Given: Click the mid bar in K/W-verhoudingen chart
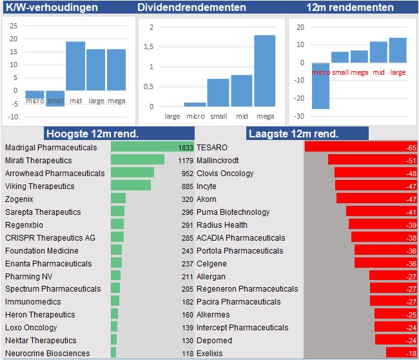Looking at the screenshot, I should (x=75, y=66).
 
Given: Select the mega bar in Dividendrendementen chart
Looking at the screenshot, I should (x=264, y=71).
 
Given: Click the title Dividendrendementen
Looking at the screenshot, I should (x=191, y=8).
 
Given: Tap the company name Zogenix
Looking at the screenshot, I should (x=20, y=199).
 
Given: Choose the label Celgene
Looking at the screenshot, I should (x=211, y=263).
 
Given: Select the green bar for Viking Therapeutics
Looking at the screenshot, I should (x=131, y=186).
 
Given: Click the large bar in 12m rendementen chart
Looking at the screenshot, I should (x=398, y=50).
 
